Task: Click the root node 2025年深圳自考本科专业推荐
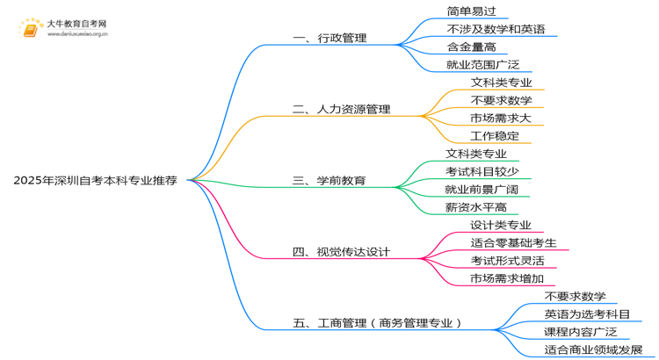tap(95, 181)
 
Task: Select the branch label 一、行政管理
tap(329, 38)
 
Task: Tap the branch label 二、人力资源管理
tap(342, 110)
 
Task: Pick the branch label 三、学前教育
tap(329, 181)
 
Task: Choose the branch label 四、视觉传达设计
tap(342, 252)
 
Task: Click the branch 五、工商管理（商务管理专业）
tap(378, 323)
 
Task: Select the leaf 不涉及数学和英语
tap(496, 29)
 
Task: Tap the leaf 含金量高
tap(471, 47)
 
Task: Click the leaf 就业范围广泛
tap(483, 65)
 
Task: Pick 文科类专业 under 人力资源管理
tap(501, 83)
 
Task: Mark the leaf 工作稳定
tap(495, 136)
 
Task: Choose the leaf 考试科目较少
tap(482, 172)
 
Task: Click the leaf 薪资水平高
tap(476, 207)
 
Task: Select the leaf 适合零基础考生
tap(513, 242)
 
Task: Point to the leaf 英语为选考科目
tap(587, 314)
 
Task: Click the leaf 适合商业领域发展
tap(593, 350)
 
